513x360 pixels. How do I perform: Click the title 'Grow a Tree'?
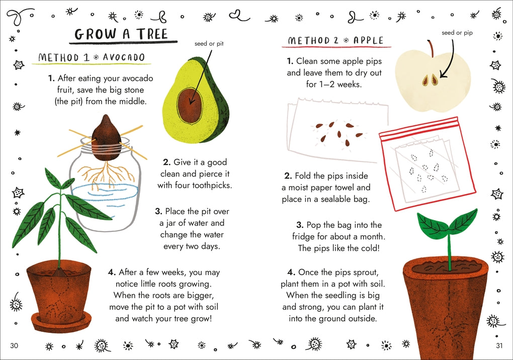[121, 34]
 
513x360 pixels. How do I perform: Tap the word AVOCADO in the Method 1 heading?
[124, 57]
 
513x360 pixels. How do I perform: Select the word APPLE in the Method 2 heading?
[368, 41]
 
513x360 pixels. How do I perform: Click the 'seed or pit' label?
[209, 43]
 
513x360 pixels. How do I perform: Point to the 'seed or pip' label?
[457, 33]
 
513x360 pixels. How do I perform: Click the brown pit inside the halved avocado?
[190, 105]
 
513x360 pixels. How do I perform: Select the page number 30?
[14, 345]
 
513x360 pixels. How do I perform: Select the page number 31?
[499, 345]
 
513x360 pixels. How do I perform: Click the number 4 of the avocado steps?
[112, 272]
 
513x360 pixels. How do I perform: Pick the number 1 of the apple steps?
[289, 61]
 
